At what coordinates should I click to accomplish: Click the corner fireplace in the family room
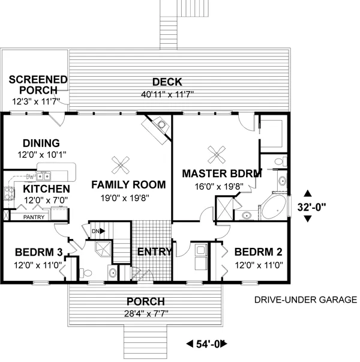pyautogui.click(x=157, y=127)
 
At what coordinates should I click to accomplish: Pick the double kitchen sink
pyautogui.click(x=43, y=176)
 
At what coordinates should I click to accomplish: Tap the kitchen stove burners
pyautogui.click(x=9, y=193)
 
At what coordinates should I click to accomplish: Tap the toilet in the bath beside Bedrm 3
pyautogui.click(x=87, y=272)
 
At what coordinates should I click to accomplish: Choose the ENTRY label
pyautogui.click(x=154, y=251)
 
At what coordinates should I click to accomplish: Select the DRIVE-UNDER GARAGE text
pyautogui.click(x=305, y=299)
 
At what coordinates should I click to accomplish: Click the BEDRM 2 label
pyautogui.click(x=258, y=251)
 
